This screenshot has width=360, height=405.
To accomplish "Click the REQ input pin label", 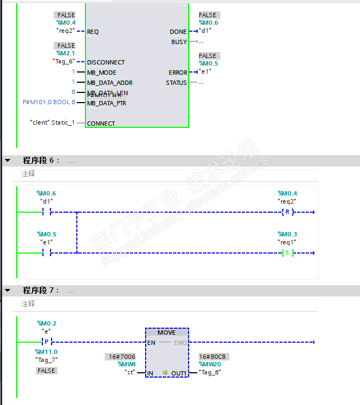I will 93,32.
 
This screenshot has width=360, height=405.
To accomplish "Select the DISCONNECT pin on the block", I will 106,62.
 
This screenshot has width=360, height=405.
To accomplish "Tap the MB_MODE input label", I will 102,73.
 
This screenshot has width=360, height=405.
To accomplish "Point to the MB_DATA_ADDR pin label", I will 110,83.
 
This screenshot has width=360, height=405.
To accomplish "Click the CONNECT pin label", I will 101,124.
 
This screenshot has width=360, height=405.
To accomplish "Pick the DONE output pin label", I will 178,32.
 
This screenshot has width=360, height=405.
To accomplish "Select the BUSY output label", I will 179,42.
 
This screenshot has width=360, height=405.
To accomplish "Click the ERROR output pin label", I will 178,73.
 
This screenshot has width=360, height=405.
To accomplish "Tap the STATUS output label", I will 176,83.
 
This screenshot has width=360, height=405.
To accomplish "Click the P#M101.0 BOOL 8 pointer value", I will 49,102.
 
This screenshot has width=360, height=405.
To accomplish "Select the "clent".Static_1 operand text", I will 53,123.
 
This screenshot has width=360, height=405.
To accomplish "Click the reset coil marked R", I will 287,212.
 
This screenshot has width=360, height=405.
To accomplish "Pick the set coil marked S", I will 287,252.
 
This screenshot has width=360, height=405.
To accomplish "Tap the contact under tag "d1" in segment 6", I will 46,212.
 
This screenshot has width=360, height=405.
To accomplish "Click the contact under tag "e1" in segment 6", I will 46,252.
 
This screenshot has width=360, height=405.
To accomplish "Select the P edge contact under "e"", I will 46,342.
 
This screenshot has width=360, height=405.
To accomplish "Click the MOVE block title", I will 167,332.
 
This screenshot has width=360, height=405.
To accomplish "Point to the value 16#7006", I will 120,356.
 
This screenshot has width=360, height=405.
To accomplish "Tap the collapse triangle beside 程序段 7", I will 8,290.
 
